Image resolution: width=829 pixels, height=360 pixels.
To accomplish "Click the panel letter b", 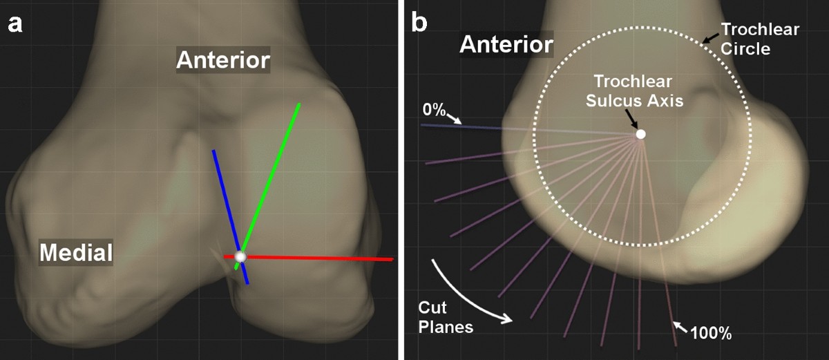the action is coord(419,23).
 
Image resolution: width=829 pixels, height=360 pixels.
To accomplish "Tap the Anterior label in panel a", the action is coord(222,60).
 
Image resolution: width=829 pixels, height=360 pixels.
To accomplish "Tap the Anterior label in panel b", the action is coord(506,46).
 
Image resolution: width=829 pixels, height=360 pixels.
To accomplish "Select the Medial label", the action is coord(76,253).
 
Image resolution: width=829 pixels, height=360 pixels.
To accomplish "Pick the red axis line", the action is coord(325,258).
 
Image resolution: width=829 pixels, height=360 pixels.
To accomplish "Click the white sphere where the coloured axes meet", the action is coord(240,257).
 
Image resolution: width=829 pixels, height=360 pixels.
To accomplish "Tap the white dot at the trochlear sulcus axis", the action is coord(640,134).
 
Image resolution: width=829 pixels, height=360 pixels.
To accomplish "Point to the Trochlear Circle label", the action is coord(760,39).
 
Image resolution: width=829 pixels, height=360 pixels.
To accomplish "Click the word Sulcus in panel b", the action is coord(613,101).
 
